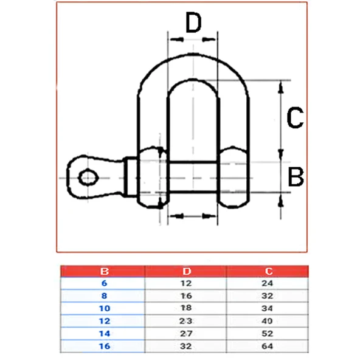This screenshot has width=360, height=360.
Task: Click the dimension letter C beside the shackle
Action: click(x=294, y=118)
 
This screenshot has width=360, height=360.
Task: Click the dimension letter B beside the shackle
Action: click(x=296, y=178)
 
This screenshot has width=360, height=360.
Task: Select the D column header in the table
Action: click(x=186, y=271)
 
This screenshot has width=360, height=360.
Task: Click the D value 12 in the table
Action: click(x=186, y=283)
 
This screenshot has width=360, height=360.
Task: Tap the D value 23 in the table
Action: click(x=186, y=321)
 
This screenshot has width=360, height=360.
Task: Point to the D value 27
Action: click(x=186, y=333)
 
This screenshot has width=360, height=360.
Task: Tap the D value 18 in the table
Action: click(x=186, y=308)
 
